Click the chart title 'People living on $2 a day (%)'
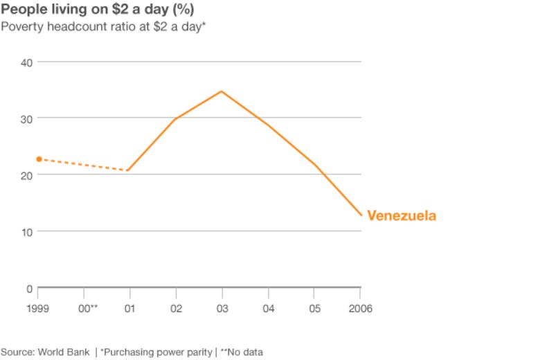pos(97,10)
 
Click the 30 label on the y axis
pos(26,118)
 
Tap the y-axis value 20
pos(26,175)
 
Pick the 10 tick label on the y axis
pos(26,231)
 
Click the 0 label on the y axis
pos(29,288)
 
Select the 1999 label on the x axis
pos(38,309)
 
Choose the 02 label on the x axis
pos(176,309)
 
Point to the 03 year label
pos(222,309)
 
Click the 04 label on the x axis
pos(268,309)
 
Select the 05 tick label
pos(314,309)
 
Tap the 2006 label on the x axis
pos(359,309)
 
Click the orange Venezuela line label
pos(402,216)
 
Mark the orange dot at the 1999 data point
pos(39,159)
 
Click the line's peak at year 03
pos(222,91)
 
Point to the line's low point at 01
pos(129,170)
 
